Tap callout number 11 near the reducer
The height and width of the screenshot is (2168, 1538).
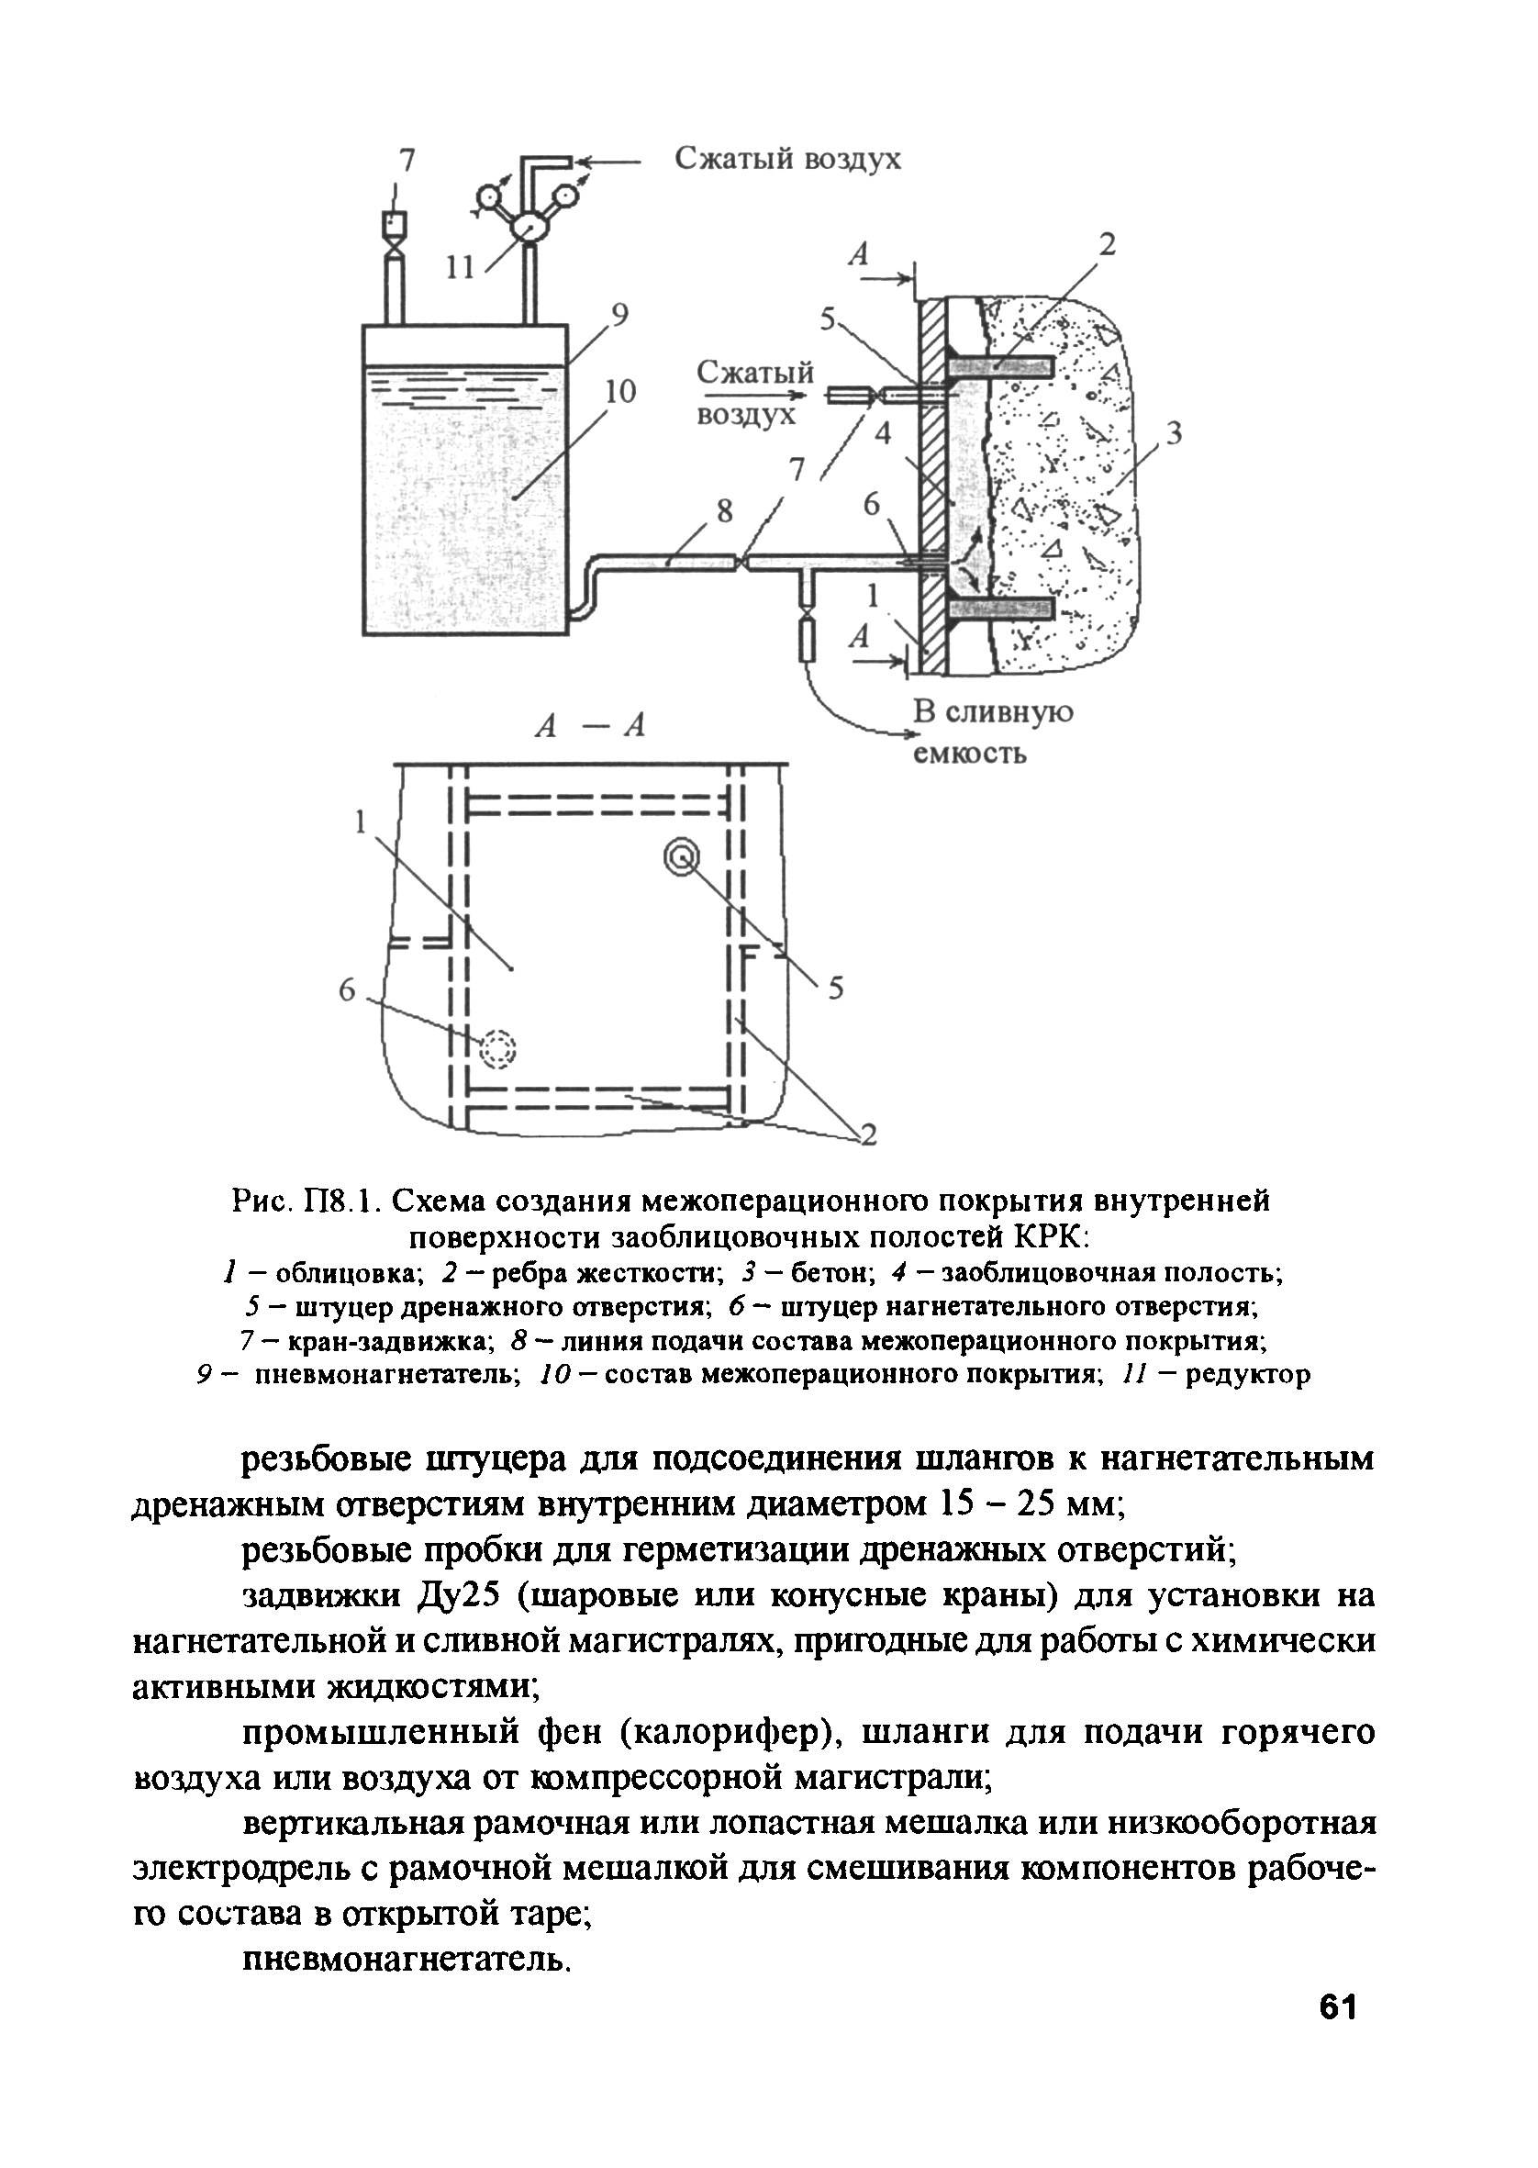click(x=461, y=268)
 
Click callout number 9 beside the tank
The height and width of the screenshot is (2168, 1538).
click(x=619, y=314)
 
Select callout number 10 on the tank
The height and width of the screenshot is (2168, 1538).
click(x=620, y=390)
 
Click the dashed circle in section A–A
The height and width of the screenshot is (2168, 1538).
click(x=498, y=1048)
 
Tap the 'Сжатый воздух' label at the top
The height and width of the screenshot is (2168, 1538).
click(x=787, y=159)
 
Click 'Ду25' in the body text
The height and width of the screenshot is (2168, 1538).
click(x=457, y=1596)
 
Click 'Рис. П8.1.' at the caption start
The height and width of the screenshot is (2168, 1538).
click(x=306, y=1201)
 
